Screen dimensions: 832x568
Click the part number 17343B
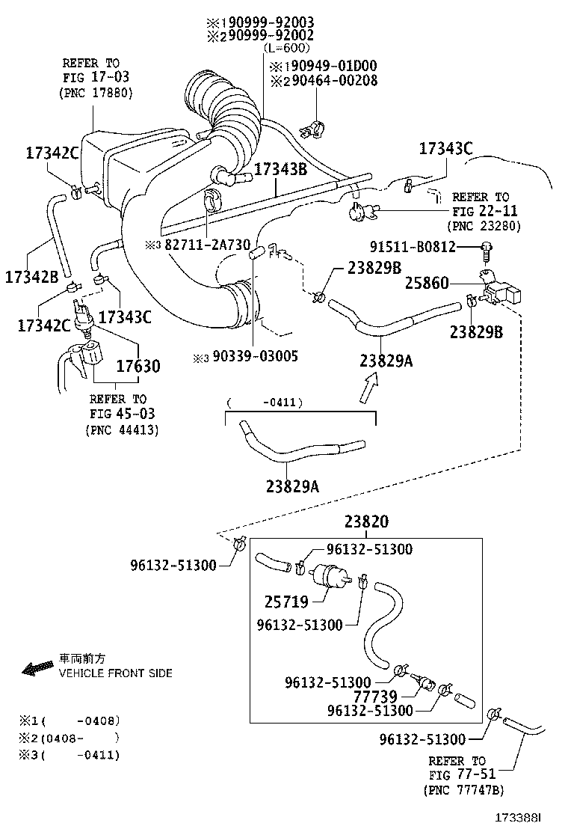coord(281,170)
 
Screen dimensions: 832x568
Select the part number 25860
coord(427,284)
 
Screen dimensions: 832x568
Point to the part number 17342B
coord(31,276)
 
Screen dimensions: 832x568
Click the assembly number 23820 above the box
coord(366,522)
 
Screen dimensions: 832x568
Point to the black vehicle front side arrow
coord(37,667)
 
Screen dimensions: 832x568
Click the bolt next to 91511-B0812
coord(487,248)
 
